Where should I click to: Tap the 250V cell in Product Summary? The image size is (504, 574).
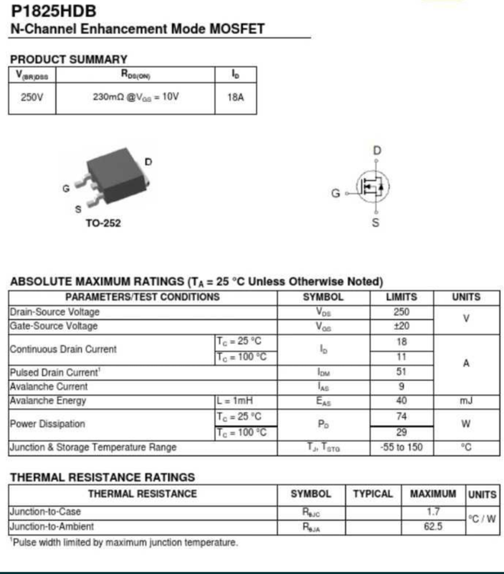coord(32,97)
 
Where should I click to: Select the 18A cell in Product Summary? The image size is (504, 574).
coord(236,97)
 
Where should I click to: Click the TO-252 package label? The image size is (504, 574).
coord(103,223)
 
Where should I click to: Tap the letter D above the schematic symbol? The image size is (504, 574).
coord(377,150)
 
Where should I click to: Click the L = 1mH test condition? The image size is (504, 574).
coord(235,400)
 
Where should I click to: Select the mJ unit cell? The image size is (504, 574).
coord(466,400)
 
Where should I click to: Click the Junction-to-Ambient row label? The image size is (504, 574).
coord(52,527)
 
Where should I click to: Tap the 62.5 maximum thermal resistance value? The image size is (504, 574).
coord(432,527)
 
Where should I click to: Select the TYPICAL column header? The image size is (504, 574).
coord(373,494)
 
